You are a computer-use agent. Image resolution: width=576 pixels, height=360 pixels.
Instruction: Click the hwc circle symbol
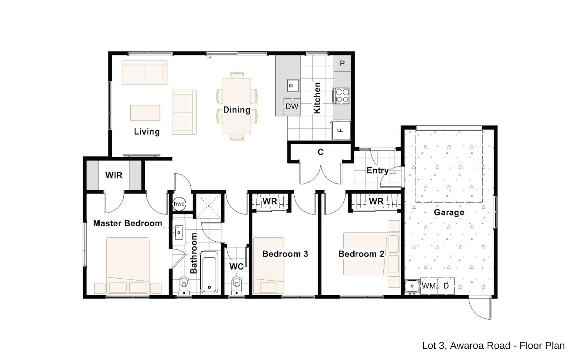(x=179, y=204)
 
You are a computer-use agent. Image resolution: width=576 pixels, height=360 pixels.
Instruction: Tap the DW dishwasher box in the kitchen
(x=292, y=107)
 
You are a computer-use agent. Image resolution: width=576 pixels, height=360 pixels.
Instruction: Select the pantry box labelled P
(x=342, y=63)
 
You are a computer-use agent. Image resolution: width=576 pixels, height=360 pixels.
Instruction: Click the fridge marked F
(x=341, y=130)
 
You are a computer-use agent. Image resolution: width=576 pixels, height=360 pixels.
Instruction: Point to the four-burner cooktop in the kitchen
(x=342, y=96)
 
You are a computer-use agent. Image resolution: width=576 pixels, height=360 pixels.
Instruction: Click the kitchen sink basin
(x=293, y=86)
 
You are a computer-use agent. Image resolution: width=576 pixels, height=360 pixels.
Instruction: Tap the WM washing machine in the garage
(x=428, y=286)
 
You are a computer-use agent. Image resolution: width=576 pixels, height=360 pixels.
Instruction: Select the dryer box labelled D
(x=446, y=286)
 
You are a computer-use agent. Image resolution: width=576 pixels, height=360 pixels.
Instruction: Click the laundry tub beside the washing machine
(x=412, y=286)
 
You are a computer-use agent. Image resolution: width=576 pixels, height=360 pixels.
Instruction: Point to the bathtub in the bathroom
(x=209, y=272)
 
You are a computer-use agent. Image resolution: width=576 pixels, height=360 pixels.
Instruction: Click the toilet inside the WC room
(x=236, y=286)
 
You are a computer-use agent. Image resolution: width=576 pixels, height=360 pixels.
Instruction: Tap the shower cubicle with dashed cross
(x=209, y=206)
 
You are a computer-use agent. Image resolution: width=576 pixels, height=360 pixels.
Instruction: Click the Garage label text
(x=449, y=212)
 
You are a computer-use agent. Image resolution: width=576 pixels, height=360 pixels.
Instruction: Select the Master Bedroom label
(x=128, y=223)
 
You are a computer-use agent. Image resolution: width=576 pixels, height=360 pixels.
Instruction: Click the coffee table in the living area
(x=145, y=112)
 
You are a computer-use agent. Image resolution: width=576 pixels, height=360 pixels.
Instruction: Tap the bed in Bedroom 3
(x=268, y=266)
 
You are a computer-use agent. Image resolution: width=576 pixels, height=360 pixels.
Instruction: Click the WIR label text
(x=114, y=176)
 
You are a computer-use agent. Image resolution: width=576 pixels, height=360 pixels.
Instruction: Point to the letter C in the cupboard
(x=320, y=152)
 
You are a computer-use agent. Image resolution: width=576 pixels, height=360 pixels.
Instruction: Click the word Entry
(x=378, y=170)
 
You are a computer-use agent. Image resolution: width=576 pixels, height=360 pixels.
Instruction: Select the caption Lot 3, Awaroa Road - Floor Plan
(x=493, y=346)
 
